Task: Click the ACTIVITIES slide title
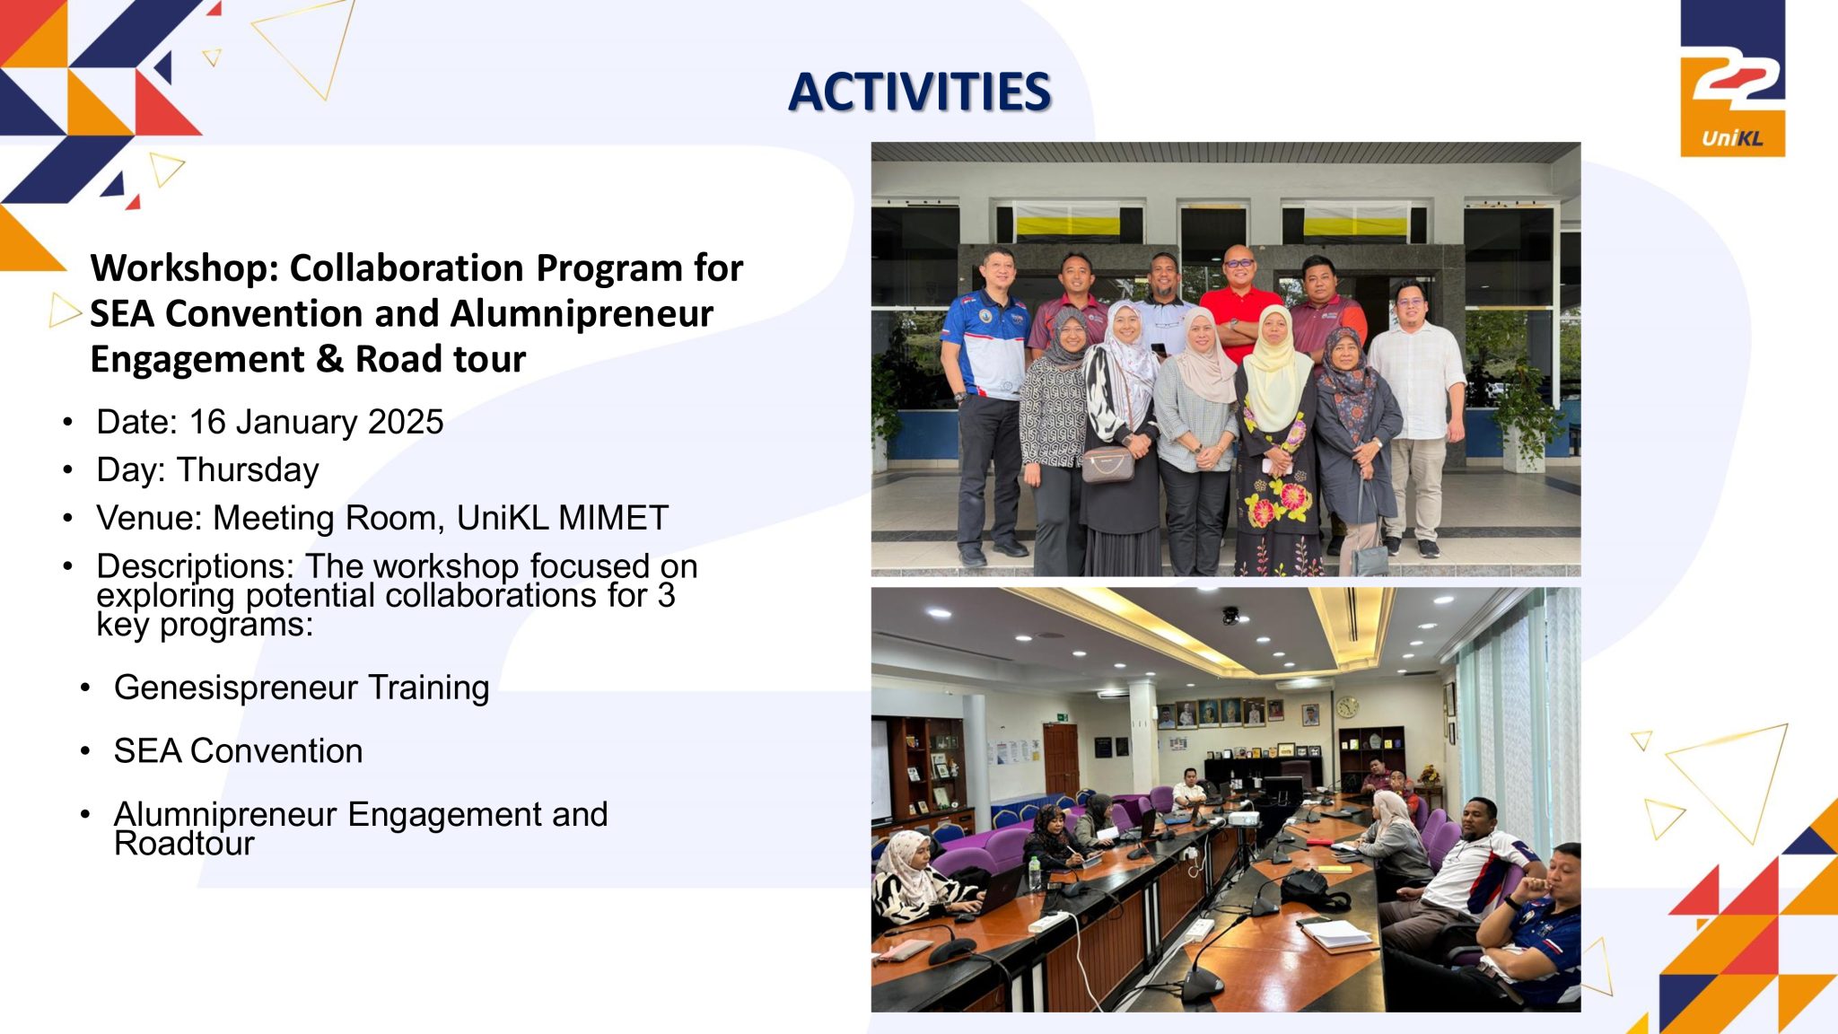pyautogui.click(x=920, y=92)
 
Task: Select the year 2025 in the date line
pyautogui.click(x=406, y=422)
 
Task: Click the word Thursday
pyautogui.click(x=248, y=469)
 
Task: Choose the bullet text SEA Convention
pyautogui.click(x=238, y=751)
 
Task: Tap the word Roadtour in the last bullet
pyautogui.click(x=184, y=844)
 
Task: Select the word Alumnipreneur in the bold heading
pyautogui.click(x=582, y=313)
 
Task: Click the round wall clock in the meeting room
pyautogui.click(x=1347, y=708)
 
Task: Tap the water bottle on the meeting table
pyautogui.click(x=1036, y=872)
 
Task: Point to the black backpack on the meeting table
pyautogui.click(x=1313, y=889)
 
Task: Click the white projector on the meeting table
pyautogui.click(x=1243, y=818)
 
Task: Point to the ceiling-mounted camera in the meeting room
pyautogui.click(x=1230, y=616)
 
